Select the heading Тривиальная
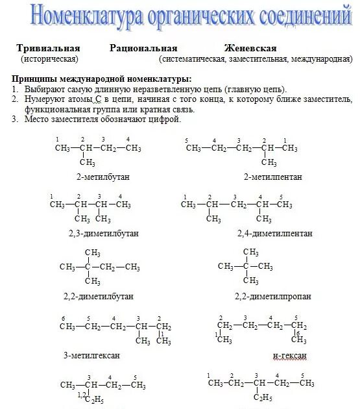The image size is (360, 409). [48, 49]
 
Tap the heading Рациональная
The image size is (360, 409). [143, 49]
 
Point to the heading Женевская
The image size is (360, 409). [250, 49]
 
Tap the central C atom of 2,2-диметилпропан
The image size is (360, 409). [246, 266]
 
